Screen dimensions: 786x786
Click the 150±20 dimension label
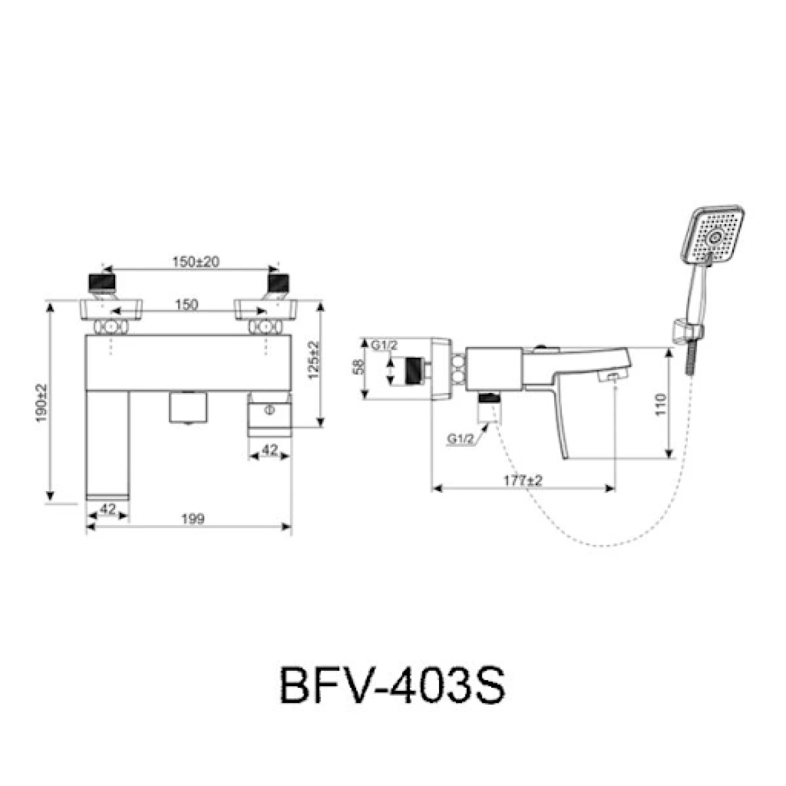tap(195, 262)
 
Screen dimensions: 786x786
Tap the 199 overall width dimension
tap(193, 519)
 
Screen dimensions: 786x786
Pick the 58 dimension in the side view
tap(358, 367)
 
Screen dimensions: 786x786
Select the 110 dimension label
tap(661, 404)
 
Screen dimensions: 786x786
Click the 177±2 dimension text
tap(523, 481)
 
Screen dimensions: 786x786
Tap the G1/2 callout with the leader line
tap(460, 439)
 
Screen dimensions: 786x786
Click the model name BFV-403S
tap(392, 685)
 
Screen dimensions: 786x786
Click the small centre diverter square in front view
tap(188, 407)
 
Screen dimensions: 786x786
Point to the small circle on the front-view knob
tap(270, 410)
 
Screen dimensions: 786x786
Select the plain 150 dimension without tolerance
tap(186, 304)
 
